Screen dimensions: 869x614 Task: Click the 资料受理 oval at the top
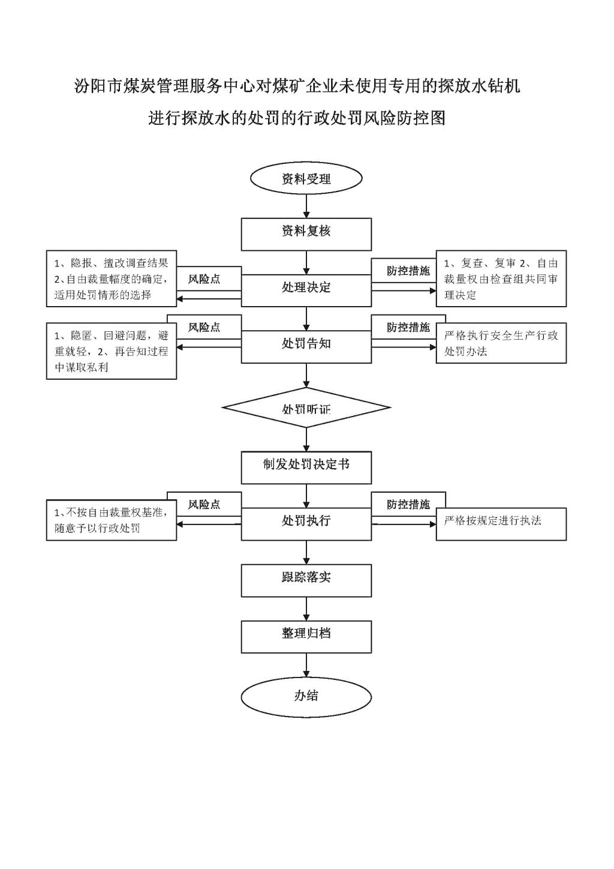click(306, 179)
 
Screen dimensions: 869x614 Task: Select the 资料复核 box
click(306, 234)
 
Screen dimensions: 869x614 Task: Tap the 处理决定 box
click(306, 290)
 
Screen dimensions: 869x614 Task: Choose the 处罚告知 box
click(306, 346)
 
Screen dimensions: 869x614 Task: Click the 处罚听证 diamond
click(306, 409)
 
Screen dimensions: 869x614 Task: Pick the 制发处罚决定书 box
click(306, 468)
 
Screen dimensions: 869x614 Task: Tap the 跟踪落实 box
click(306, 580)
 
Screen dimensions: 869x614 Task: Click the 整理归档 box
click(306, 636)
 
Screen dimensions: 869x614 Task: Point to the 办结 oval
click(306, 696)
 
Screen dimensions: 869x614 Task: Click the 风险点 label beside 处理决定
click(204, 280)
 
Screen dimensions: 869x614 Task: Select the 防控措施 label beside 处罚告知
click(408, 328)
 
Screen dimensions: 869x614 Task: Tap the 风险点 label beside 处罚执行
click(204, 505)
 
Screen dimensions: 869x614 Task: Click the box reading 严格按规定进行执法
click(501, 524)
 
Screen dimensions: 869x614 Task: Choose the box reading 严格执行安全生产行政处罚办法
click(501, 343)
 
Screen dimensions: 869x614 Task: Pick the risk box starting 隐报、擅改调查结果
click(112, 278)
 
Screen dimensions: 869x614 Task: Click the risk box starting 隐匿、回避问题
click(112, 351)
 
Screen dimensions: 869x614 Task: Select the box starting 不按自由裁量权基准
click(112, 520)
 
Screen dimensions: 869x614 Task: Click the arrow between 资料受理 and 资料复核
click(306, 206)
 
